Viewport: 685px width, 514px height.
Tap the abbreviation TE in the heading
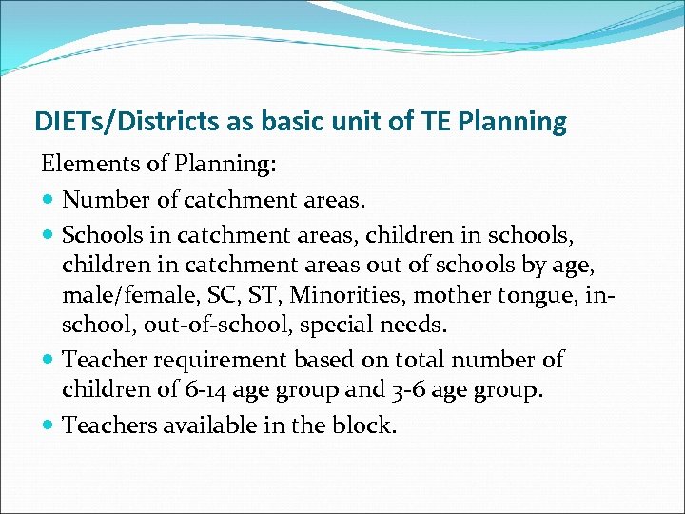click(439, 122)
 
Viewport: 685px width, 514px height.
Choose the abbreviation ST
click(260, 294)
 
